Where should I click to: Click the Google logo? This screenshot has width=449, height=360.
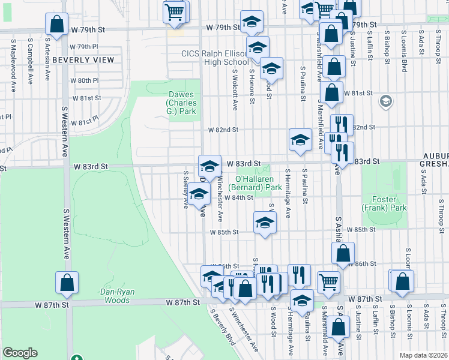(x=20, y=353)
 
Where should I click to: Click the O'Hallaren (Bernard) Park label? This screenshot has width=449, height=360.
(x=258, y=183)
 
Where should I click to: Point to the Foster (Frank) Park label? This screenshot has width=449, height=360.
(x=384, y=203)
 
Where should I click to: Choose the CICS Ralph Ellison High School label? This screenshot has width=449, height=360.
(x=215, y=58)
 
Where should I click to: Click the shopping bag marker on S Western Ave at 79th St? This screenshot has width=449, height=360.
(x=56, y=25)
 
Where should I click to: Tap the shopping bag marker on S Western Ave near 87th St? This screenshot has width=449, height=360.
(x=67, y=283)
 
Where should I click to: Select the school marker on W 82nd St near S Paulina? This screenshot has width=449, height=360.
(x=300, y=140)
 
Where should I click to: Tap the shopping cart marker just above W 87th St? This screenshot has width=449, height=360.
(x=328, y=281)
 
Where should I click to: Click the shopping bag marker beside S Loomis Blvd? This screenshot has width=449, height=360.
(x=403, y=280)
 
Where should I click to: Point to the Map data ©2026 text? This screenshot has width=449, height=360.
(x=423, y=354)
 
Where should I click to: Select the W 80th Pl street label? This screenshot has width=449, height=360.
(x=84, y=80)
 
